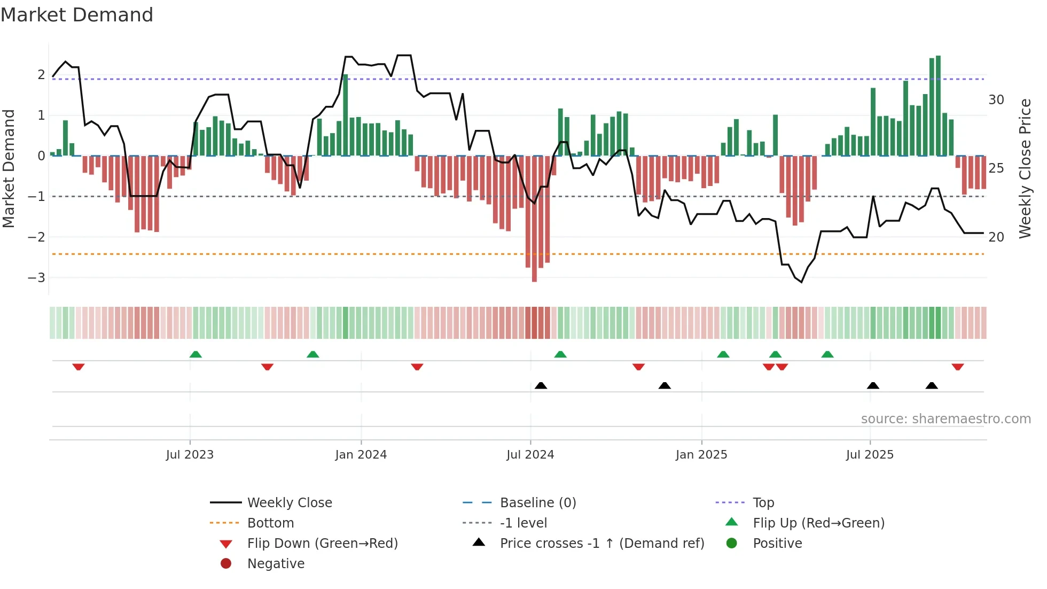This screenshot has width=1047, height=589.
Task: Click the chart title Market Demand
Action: [x=77, y=15]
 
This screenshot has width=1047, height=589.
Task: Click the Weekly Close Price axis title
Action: [x=1025, y=168]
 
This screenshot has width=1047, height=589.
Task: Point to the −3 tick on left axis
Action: [x=36, y=277]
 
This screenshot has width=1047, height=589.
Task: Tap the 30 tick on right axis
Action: [x=996, y=100]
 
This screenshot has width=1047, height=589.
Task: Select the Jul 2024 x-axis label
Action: [x=530, y=455]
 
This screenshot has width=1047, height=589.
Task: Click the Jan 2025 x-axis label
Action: [x=701, y=455]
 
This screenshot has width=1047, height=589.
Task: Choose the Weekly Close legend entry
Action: [x=289, y=502]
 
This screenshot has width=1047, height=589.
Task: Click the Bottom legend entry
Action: [x=270, y=523]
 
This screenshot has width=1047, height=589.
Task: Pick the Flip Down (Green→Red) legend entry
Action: [x=322, y=543]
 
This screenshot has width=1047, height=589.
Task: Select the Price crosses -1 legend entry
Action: [x=601, y=543]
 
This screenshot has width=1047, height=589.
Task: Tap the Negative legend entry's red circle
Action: [x=226, y=563]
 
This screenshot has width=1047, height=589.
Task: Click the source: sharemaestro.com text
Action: [x=946, y=418]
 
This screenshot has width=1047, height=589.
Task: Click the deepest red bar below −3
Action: [x=534, y=219]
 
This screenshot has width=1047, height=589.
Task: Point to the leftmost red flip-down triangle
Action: [x=79, y=367]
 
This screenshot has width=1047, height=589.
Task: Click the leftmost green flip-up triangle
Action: [x=196, y=354]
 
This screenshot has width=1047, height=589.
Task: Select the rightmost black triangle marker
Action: [x=932, y=385]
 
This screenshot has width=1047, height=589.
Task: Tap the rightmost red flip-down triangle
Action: [x=957, y=367]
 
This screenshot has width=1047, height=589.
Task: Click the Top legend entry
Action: [x=763, y=502]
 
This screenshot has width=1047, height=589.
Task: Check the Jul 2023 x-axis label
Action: [x=190, y=455]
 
